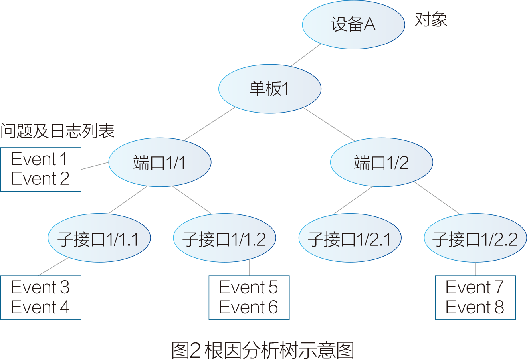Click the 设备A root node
click(x=353, y=24)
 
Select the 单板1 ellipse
click(x=269, y=89)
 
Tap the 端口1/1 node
click(x=159, y=162)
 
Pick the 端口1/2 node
click(x=381, y=162)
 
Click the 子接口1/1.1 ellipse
click(x=99, y=238)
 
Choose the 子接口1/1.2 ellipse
click(x=224, y=238)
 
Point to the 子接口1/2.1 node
click(x=349, y=238)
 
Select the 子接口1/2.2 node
click(x=475, y=238)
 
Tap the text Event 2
click(x=40, y=179)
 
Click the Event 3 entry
click(x=40, y=287)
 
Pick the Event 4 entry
click(x=40, y=307)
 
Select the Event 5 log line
click(x=248, y=287)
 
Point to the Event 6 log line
click(x=248, y=307)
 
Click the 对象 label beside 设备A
click(x=431, y=20)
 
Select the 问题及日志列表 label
click(x=57, y=131)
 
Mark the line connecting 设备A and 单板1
click(x=305, y=55)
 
